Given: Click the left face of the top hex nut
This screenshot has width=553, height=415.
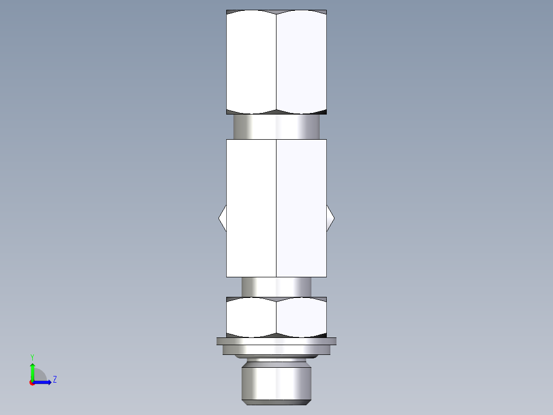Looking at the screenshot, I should pos(251,62).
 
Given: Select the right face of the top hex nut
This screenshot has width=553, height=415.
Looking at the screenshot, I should pos(302,62).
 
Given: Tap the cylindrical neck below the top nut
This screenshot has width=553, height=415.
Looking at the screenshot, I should pos(276,126).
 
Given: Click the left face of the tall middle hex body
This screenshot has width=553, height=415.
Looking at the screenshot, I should pos(251,208).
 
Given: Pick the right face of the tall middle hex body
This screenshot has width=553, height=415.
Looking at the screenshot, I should pos(302,208).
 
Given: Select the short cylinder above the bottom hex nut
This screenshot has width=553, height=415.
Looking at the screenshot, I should pos(276,287).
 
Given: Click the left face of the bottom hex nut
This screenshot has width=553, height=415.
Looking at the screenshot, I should pos(251,317).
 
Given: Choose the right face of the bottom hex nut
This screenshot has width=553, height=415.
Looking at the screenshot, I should pos(302,317).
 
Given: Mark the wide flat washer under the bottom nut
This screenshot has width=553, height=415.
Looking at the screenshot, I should pos(276,341).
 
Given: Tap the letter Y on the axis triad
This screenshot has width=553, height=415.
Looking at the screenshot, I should pos(32,356).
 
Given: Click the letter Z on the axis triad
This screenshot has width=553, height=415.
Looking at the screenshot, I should pos(54,380).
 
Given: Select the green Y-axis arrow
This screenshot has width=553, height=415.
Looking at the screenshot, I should pos(32,371).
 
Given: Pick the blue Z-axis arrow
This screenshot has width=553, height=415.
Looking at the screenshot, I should pos(43,382).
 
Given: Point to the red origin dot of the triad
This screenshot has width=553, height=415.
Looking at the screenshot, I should pos(32,383).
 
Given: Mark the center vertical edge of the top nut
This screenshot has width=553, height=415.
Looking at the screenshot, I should pos(276,62).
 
